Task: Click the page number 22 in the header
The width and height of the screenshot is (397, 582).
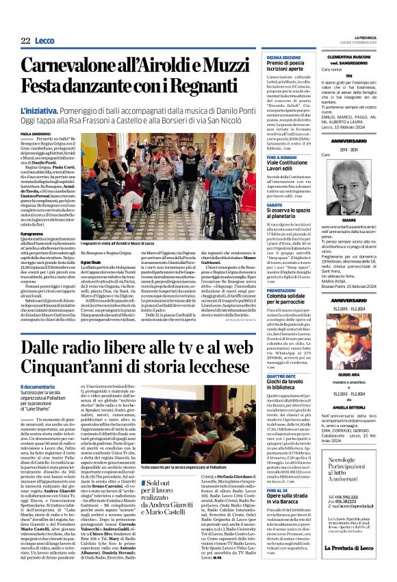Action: [x=25, y=41]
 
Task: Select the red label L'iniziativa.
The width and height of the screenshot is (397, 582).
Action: [x=39, y=110]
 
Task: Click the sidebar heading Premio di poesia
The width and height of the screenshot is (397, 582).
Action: [x=285, y=63]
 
